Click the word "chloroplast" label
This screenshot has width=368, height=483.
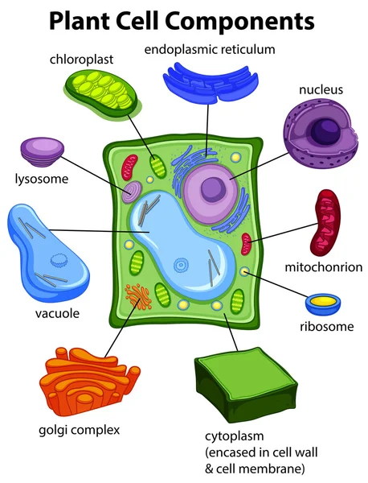[x=81, y=60]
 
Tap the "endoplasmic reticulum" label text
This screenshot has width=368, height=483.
[x=210, y=49]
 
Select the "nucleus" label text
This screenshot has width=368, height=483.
[x=321, y=89]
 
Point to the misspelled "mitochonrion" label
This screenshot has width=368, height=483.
[x=324, y=267]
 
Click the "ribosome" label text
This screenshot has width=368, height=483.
[x=327, y=327]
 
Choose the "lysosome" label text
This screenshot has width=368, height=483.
[x=42, y=179]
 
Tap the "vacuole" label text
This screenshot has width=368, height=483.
[x=58, y=314]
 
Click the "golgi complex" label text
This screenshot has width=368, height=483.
[x=79, y=431]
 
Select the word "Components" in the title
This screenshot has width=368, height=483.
[x=240, y=22]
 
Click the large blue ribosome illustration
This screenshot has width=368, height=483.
[x=323, y=304]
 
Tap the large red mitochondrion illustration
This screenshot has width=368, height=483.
[x=326, y=222]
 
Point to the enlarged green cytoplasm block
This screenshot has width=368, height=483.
[x=246, y=385]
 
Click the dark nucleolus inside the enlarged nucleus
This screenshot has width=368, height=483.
[x=325, y=130]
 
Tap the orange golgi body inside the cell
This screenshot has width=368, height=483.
[x=138, y=297]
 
